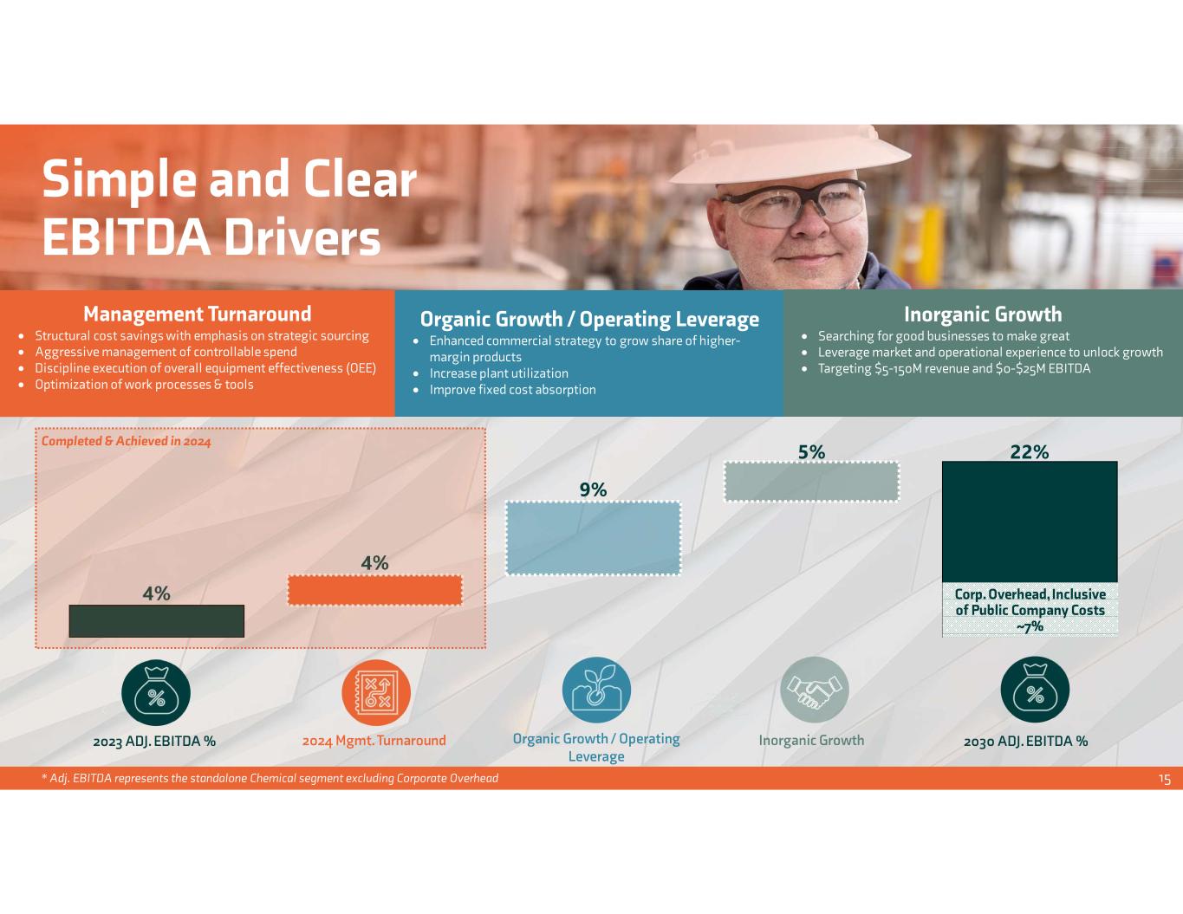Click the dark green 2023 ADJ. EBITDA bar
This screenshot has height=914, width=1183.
coord(156,621)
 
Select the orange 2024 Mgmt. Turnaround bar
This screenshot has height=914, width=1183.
coord(374,590)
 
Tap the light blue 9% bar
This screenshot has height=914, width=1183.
coord(593,538)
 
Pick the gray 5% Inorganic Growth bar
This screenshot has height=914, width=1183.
coord(811,482)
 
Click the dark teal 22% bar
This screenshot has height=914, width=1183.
coord(1030,522)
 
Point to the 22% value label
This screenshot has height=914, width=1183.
coord(1030,451)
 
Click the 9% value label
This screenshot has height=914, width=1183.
coord(593,490)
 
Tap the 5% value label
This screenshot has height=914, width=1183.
coord(811,451)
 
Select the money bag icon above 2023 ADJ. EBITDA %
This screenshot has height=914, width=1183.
coord(156,691)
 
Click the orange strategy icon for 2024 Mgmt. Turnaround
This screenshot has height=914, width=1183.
coord(376,691)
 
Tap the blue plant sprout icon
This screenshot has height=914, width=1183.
coord(596,690)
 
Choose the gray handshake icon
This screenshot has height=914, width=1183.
coord(814,690)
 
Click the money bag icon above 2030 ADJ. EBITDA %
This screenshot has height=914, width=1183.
coord(1035,691)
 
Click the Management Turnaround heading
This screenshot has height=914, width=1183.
coord(197,314)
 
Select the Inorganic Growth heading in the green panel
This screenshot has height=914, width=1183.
coord(982,314)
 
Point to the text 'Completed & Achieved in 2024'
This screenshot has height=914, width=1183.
coord(127,441)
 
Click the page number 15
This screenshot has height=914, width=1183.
coord(1164,779)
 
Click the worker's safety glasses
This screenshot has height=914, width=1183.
coord(794,203)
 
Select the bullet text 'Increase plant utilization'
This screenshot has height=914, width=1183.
coord(499,373)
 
